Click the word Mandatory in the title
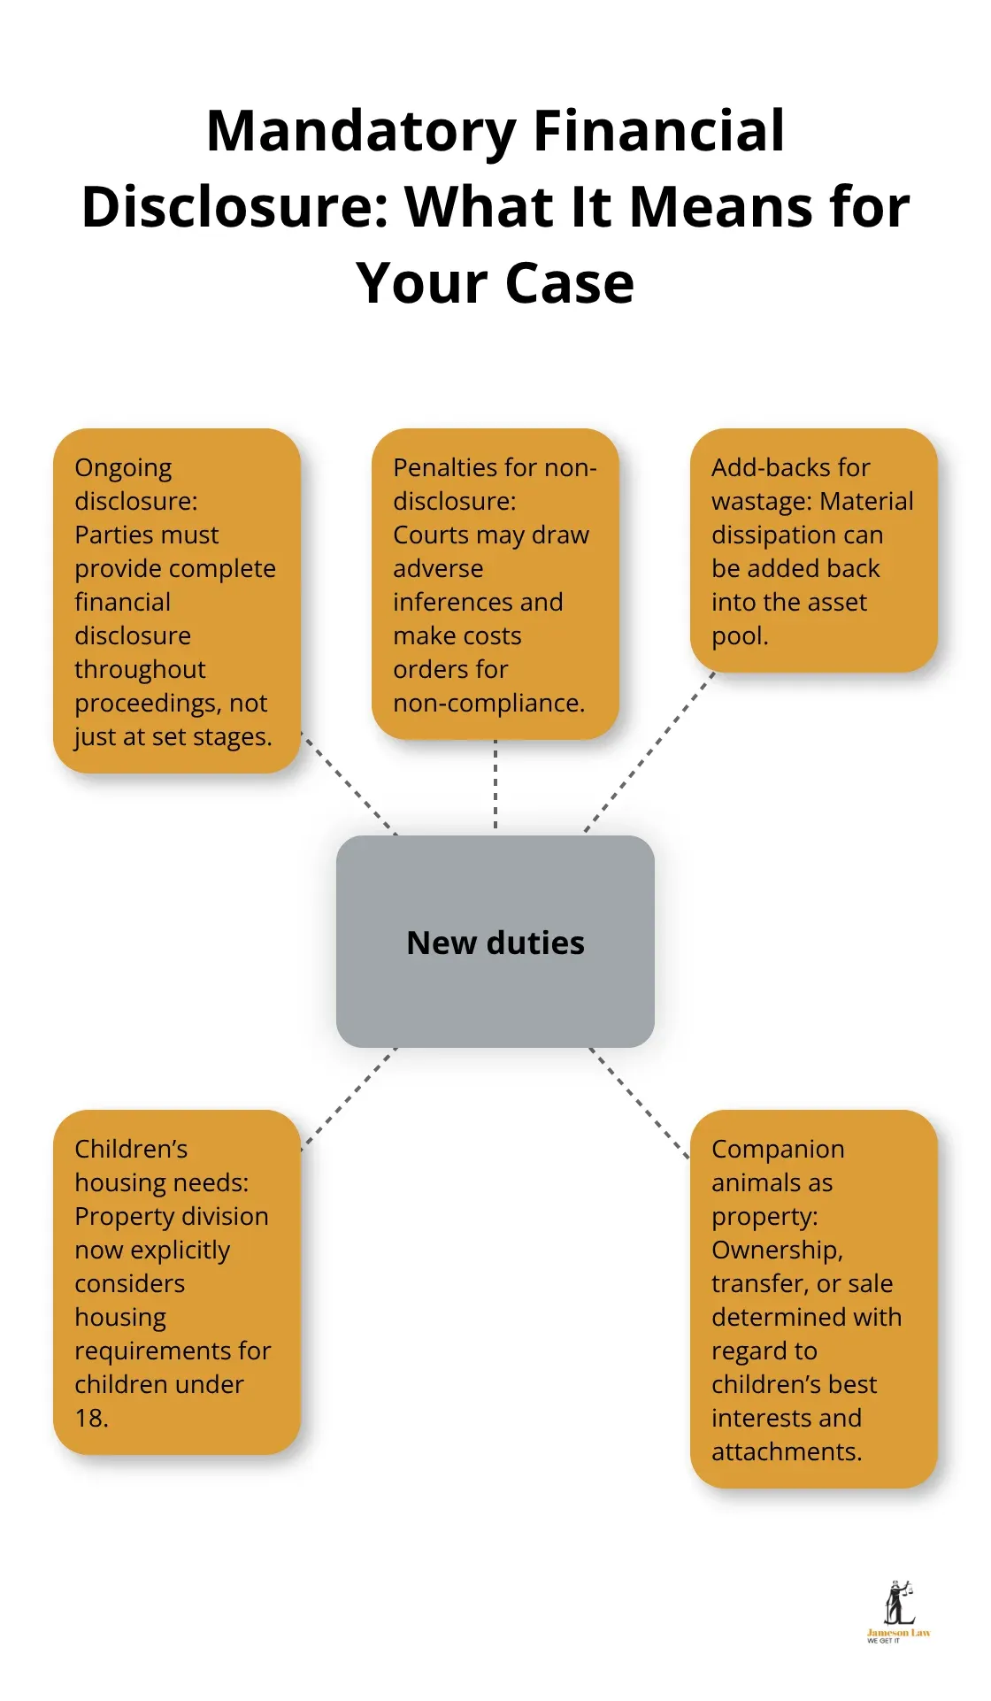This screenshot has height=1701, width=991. point(361,132)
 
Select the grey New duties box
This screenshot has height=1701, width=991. point(495,942)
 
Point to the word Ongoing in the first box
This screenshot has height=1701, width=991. point(123,468)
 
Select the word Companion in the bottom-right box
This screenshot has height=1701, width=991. point(778,1149)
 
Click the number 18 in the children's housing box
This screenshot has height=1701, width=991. point(89,1418)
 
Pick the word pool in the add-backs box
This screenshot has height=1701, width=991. point(738,635)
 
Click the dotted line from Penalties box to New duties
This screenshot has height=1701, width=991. point(495,786)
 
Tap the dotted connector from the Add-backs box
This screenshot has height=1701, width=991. point(649,752)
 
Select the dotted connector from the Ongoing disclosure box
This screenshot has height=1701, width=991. point(349,783)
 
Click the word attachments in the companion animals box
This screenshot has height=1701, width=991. point(785,1451)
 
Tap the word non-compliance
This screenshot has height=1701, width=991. point(488,703)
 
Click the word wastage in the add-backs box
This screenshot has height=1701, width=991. point(761,502)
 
